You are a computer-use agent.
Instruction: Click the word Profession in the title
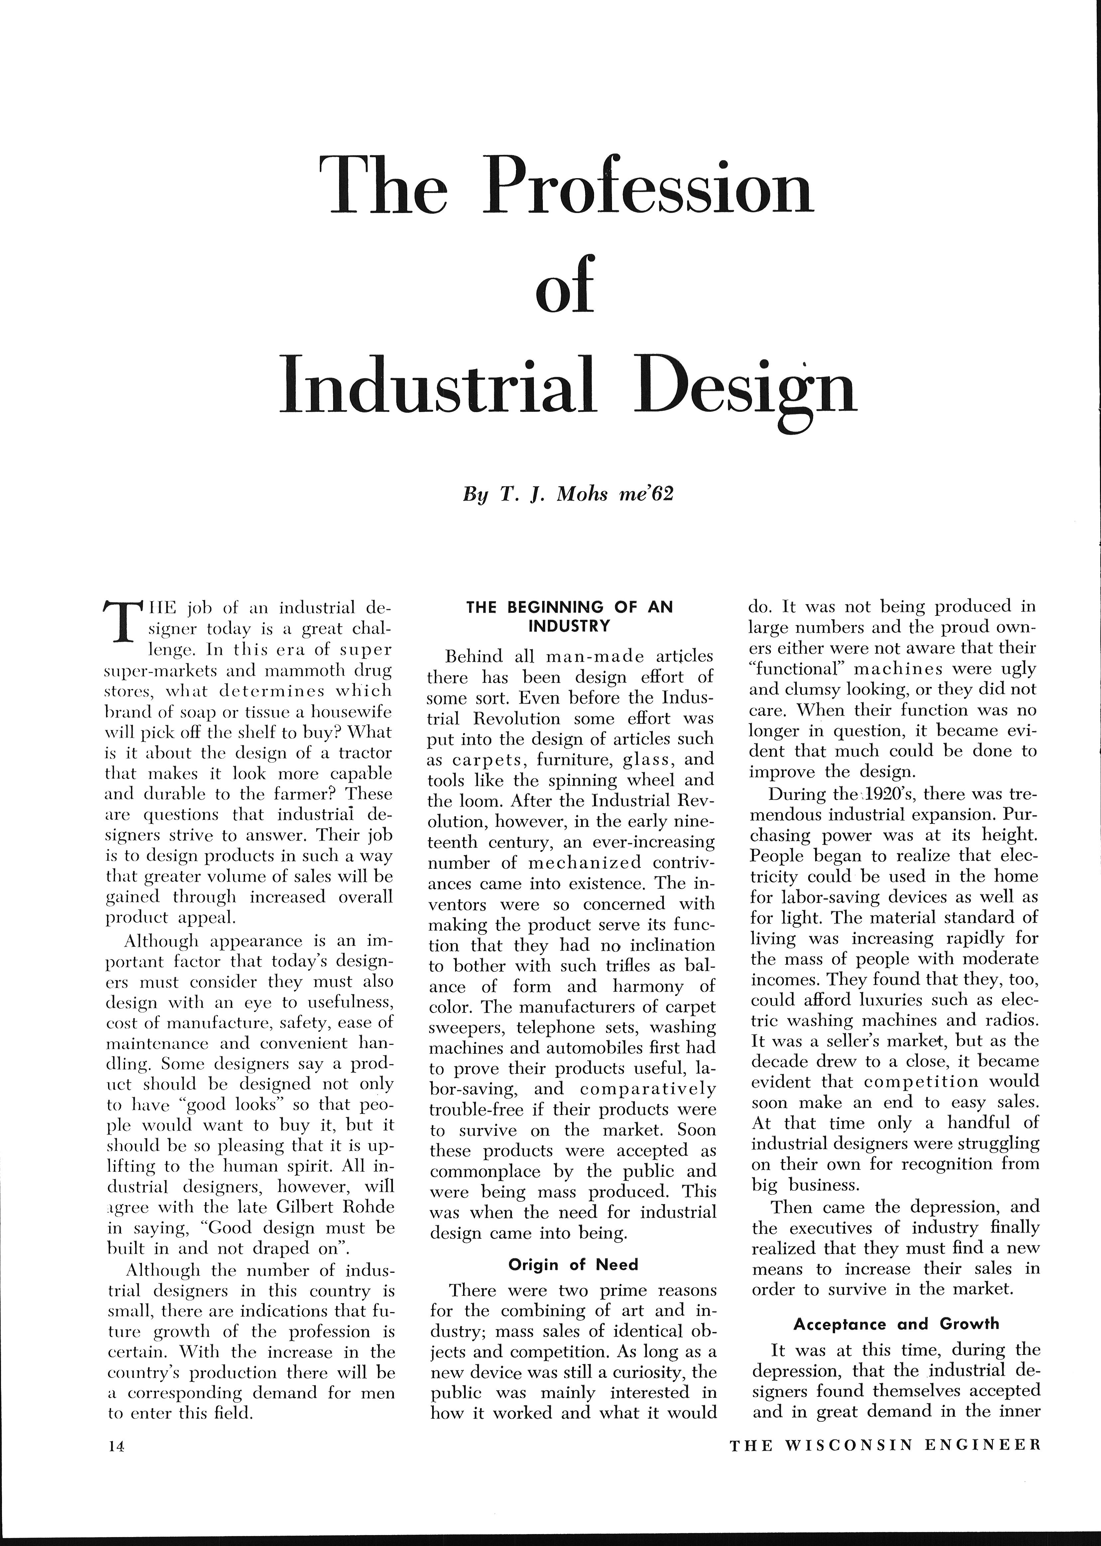648,184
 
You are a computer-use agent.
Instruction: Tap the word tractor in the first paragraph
363,753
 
